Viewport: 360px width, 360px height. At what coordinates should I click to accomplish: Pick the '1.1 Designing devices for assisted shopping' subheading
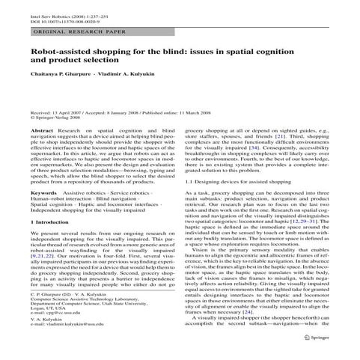(x=234, y=182)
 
